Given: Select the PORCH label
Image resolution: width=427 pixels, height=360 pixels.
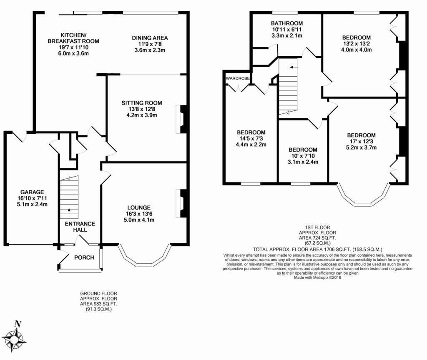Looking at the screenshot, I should (84, 257).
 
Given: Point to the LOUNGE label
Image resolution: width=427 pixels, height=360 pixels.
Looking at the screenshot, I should (139, 207).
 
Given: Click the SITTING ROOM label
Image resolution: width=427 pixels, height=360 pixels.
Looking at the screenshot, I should (142, 103).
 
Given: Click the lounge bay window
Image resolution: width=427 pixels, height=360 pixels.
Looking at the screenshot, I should (144, 257).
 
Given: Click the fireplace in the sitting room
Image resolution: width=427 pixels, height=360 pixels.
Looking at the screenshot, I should (183, 119).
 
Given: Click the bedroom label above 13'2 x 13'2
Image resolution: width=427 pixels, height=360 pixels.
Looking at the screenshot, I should (356, 37).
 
